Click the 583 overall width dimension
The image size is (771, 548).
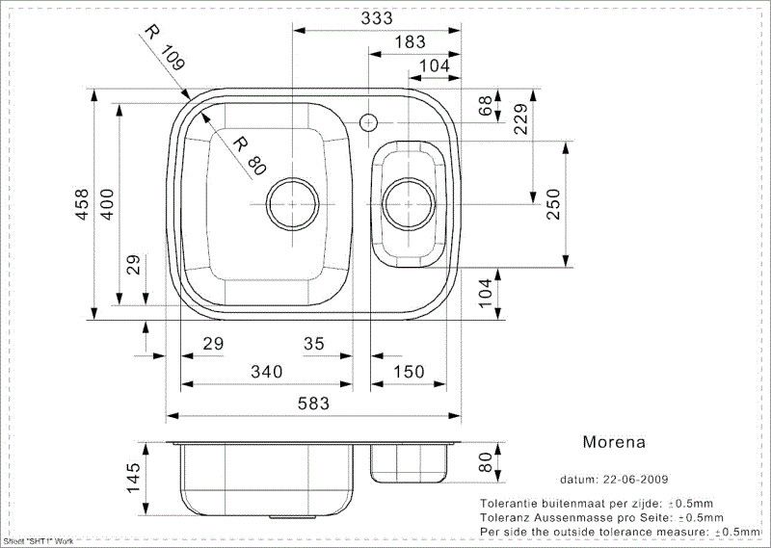(x=313, y=404)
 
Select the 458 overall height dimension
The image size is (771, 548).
(x=82, y=204)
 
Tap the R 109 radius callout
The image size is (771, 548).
(x=165, y=48)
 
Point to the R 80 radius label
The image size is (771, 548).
(x=250, y=156)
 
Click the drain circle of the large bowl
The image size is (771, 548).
(x=293, y=204)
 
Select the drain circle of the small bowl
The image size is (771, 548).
(x=409, y=204)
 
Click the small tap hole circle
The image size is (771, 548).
(x=368, y=122)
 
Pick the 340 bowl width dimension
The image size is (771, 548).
(x=267, y=372)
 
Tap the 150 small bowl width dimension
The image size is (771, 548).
(x=409, y=372)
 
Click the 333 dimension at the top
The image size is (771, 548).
(x=377, y=18)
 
